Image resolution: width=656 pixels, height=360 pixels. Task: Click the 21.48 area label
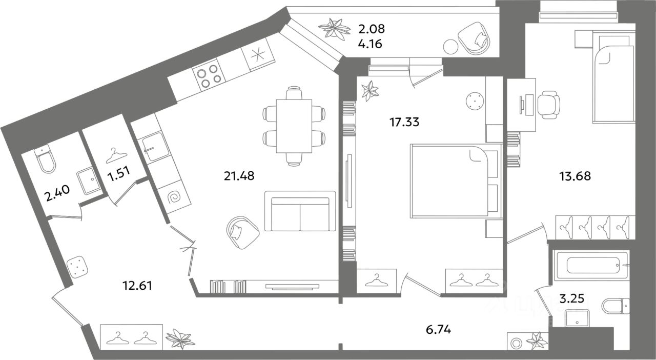pos(239,176)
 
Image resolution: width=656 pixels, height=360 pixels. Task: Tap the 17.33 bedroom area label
pos(404,122)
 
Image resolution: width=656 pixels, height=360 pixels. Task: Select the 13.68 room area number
pos(575,176)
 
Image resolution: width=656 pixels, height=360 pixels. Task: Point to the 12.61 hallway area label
pos(138,286)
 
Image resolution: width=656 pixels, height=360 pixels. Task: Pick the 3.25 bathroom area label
pos(571,299)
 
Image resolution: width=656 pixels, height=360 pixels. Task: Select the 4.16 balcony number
pos(370,44)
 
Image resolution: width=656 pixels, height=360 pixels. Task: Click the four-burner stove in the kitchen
pos(209,74)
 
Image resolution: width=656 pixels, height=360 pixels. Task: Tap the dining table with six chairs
pos(294,126)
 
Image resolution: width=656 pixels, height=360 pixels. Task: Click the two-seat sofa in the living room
pos(300,211)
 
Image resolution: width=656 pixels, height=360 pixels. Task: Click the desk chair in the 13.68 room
pos(549,105)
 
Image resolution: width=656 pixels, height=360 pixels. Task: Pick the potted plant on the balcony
pos(334,28)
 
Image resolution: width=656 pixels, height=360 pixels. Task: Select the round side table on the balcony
pos(450,47)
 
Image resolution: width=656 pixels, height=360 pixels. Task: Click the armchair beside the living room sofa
pos(243,233)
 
